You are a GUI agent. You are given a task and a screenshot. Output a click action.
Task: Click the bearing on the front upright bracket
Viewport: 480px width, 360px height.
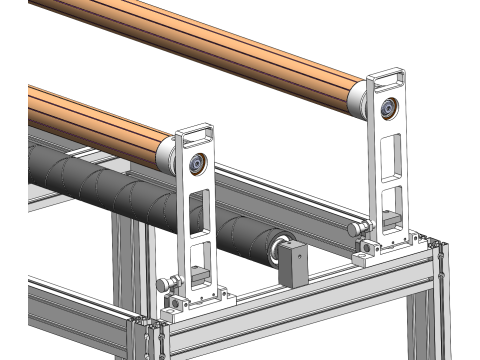(x=196, y=163)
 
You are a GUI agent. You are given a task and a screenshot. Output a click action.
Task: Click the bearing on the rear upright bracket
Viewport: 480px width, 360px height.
(x=386, y=108)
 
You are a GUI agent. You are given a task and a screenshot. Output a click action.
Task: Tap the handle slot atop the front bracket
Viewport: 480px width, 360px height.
(x=196, y=132)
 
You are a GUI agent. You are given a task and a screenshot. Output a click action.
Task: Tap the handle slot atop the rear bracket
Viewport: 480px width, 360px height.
(x=387, y=77)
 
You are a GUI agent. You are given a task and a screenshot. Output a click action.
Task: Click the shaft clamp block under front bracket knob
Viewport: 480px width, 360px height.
(x=178, y=300)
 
